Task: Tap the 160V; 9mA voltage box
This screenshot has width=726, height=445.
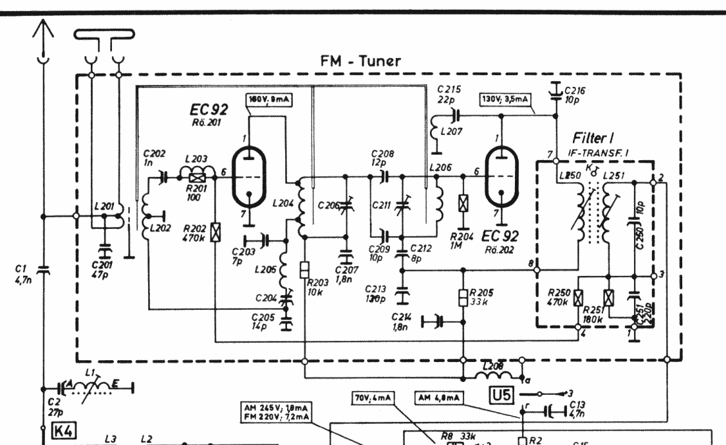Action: coord(266,100)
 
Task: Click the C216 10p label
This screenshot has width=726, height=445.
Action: coord(574,95)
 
